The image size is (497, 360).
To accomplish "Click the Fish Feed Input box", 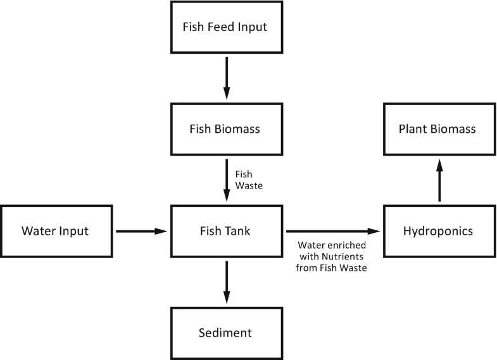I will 225,27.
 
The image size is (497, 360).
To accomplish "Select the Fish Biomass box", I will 225,129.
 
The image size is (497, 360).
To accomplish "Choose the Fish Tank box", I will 225,231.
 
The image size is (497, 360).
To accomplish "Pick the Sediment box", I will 225,333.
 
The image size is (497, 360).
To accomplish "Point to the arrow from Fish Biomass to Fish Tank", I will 225,180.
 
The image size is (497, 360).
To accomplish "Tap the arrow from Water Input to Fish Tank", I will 141,232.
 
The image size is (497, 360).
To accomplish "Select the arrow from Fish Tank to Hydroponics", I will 334,232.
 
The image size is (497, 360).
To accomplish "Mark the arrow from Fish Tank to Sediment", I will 225,282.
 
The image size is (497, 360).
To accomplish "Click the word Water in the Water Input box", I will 39,231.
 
